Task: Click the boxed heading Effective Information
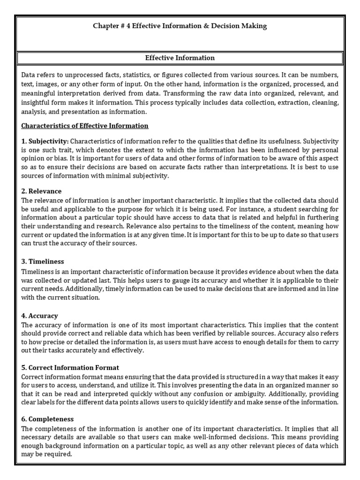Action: click(x=180, y=58)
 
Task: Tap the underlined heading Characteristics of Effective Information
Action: click(x=85, y=126)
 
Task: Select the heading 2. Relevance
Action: click(x=41, y=191)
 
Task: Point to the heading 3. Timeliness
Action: click(x=43, y=262)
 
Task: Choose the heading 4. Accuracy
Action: click(x=40, y=316)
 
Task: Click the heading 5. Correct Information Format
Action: click(x=70, y=367)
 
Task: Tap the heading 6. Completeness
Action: click(x=48, y=419)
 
